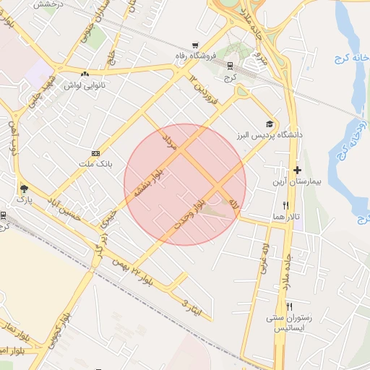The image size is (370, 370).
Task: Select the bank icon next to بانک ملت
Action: coord(95,153)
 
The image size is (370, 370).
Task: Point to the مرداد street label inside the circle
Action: coord(171,141)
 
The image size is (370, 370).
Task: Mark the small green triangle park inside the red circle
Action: coord(214,210)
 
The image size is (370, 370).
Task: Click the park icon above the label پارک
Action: coord(24,186)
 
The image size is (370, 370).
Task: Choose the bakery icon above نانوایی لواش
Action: coord(85,74)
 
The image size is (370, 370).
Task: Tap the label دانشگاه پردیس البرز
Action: coord(269,135)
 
